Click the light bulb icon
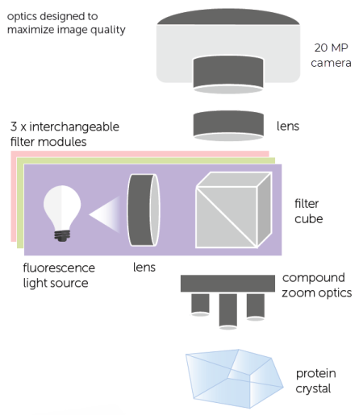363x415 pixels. [x=62, y=205]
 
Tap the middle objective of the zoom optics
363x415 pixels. [x=227, y=309]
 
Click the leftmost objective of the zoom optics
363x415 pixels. [x=199, y=304]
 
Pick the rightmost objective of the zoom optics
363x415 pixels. [x=255, y=304]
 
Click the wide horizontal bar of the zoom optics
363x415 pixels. [x=227, y=283]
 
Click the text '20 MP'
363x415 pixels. [x=331, y=48]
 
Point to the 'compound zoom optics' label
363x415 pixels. [x=317, y=285]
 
